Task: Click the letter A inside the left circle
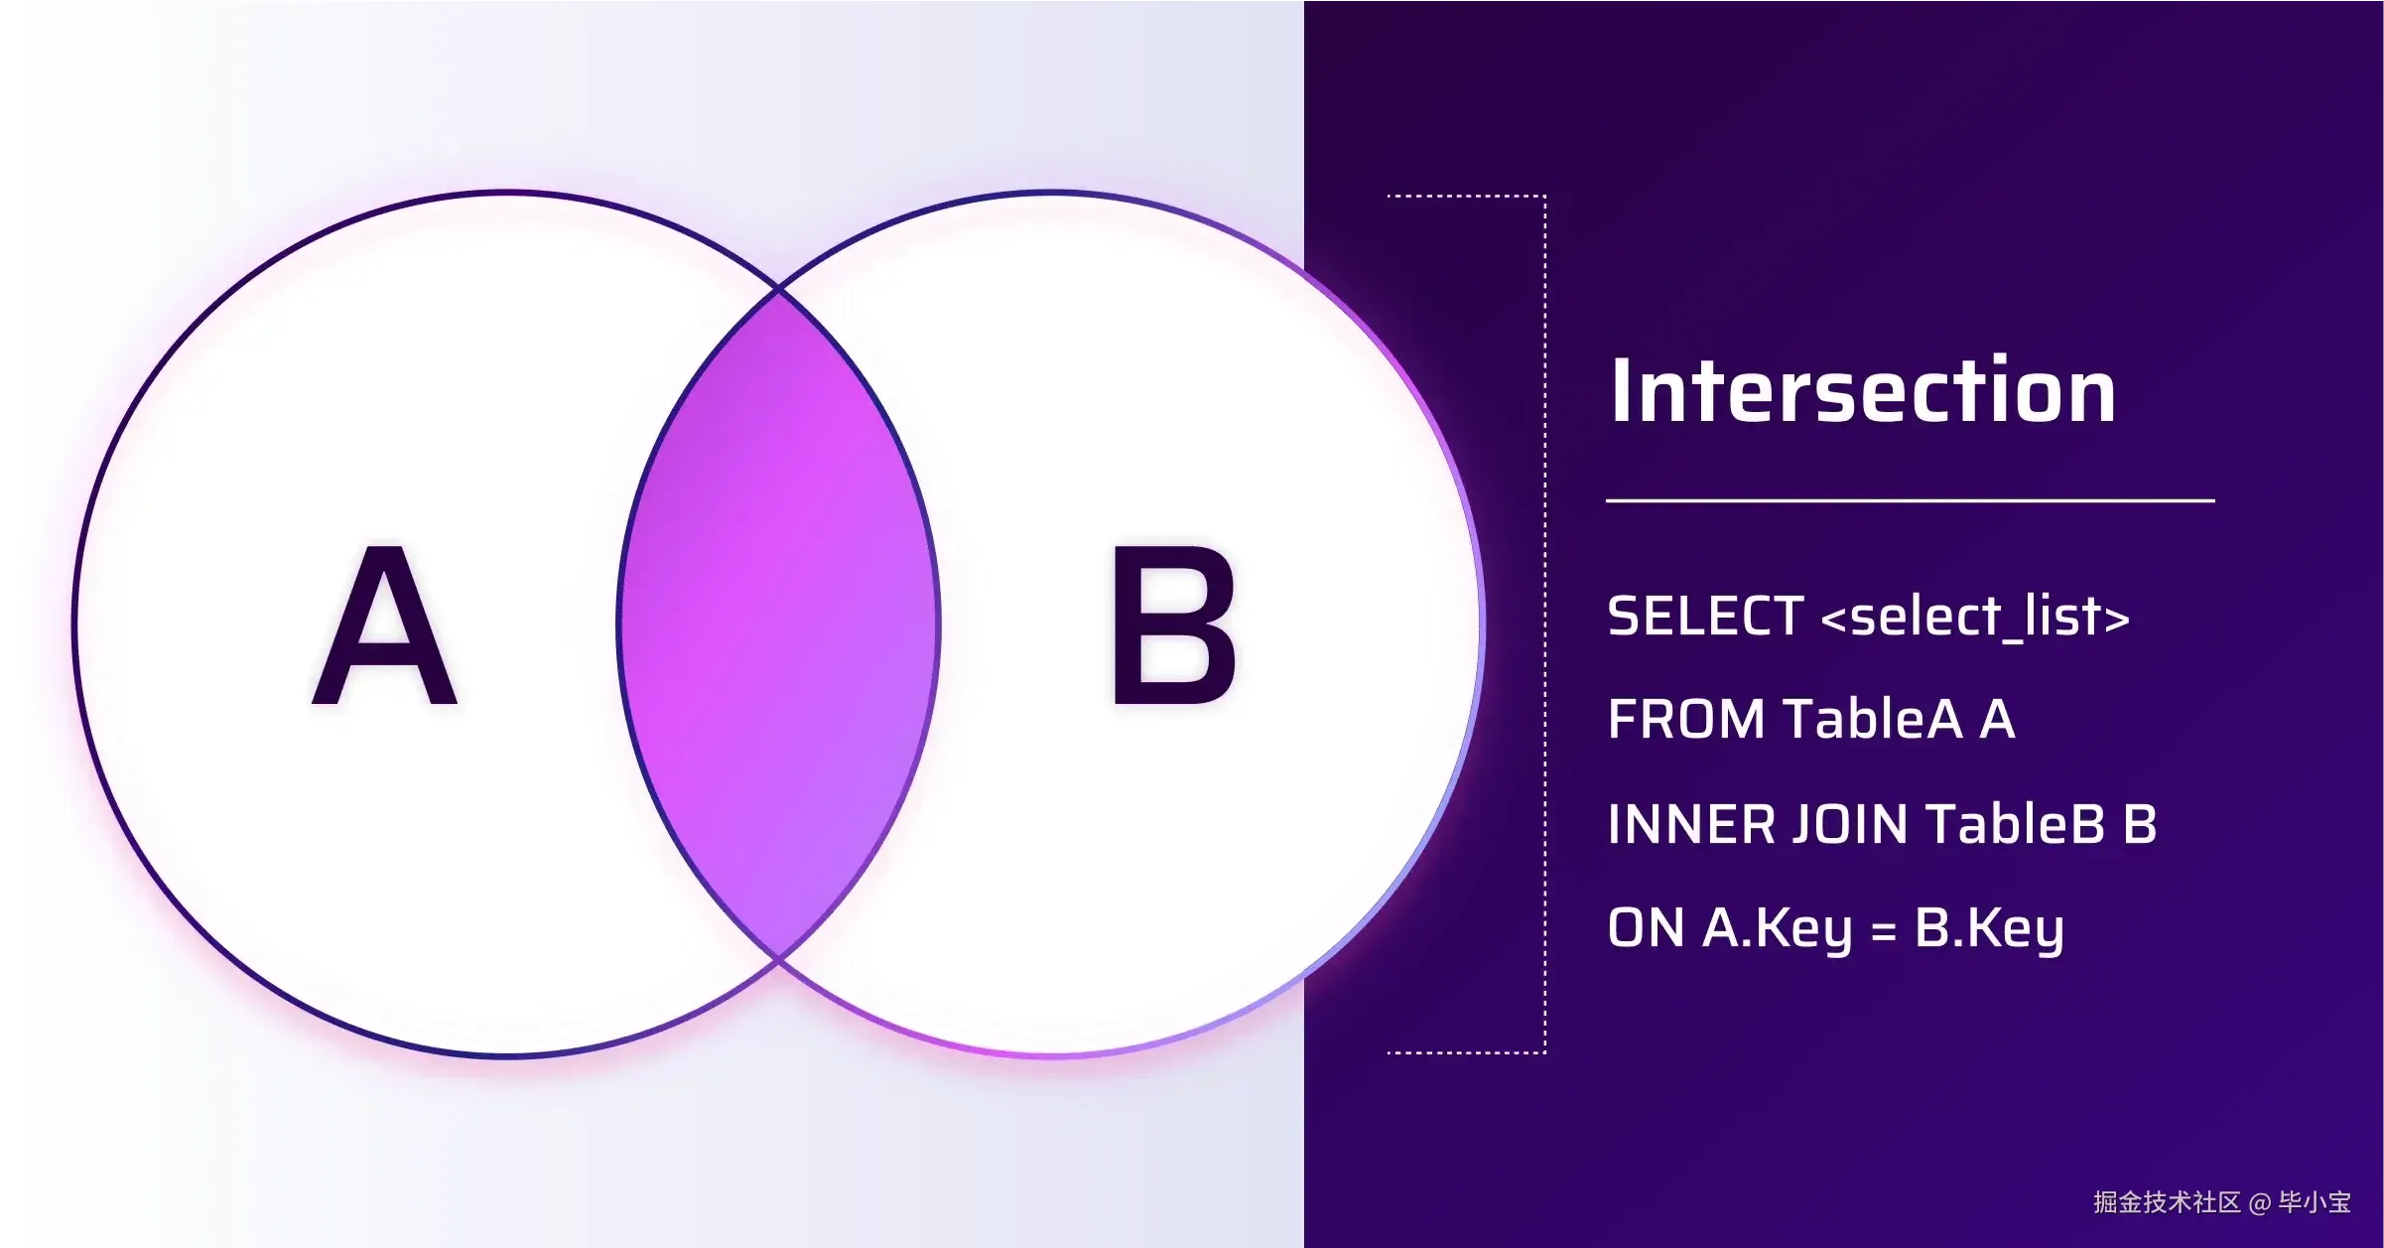pyautogui.click(x=385, y=624)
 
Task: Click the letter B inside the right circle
pyautogui.click(x=1174, y=624)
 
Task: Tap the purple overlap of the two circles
pyautogui.click(x=779, y=624)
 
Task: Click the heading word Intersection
pyautogui.click(x=1863, y=391)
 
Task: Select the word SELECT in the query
pyautogui.click(x=1705, y=617)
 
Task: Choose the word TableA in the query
pyautogui.click(x=1873, y=719)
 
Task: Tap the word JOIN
pyautogui.click(x=1851, y=824)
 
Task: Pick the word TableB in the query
pyautogui.click(x=2016, y=824)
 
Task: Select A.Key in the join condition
pyautogui.click(x=1778, y=930)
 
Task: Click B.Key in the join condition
pyautogui.click(x=1989, y=930)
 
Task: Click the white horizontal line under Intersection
pyautogui.click(x=1911, y=501)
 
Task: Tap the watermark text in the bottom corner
pyautogui.click(x=2222, y=1202)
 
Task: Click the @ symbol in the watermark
pyautogui.click(x=2260, y=1203)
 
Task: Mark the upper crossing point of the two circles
pyautogui.click(x=779, y=291)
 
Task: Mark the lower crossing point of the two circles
pyautogui.click(x=779, y=959)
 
